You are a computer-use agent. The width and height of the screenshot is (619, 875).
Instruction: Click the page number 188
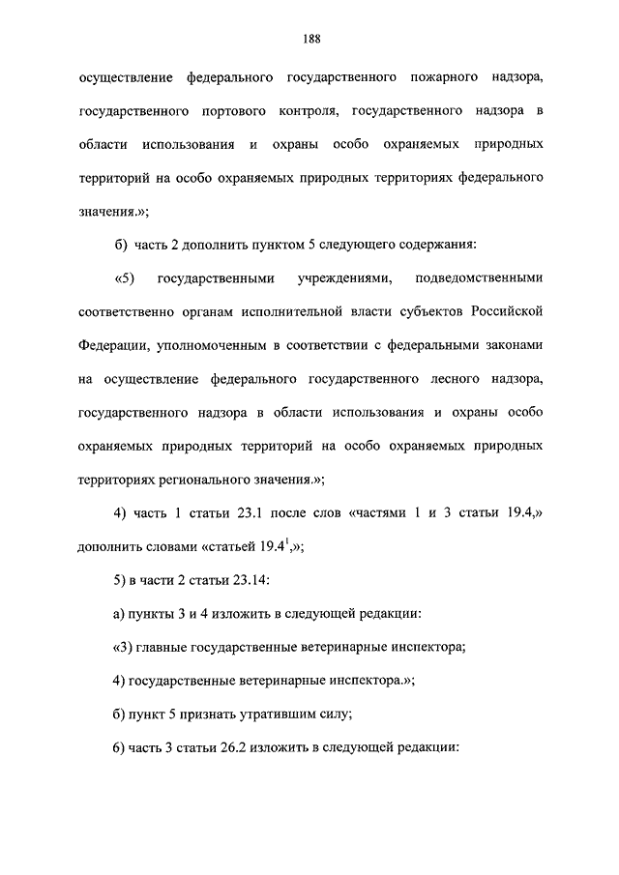pyautogui.click(x=310, y=39)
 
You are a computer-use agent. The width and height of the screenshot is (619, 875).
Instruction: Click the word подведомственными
pyautogui.click(x=479, y=279)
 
